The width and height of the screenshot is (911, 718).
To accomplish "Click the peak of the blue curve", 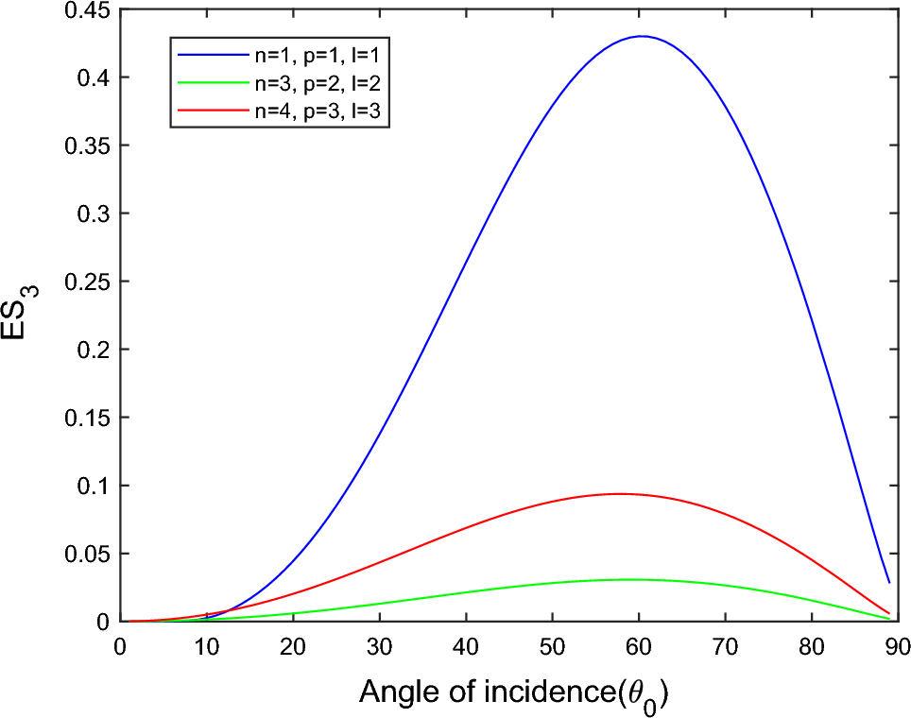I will click(x=642, y=37).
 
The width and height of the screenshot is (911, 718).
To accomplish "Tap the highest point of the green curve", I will click(x=627, y=579).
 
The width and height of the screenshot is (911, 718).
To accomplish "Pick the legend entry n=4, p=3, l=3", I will click(x=307, y=111).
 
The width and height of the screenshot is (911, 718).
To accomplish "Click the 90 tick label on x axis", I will click(x=898, y=645).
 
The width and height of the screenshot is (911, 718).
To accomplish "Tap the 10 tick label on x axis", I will click(x=206, y=645).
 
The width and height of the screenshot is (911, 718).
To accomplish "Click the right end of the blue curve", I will click(x=888, y=582).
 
